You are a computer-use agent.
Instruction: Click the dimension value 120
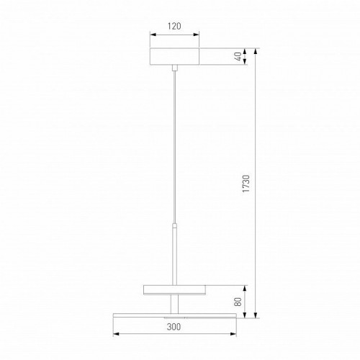click(174, 26)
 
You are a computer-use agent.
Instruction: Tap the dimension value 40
click(238, 56)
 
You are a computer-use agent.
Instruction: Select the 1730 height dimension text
click(246, 184)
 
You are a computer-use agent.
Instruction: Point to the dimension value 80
click(238, 302)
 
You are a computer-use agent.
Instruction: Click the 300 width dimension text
click(174, 327)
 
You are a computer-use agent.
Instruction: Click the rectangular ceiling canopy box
click(175, 56)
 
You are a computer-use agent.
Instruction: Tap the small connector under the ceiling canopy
click(175, 68)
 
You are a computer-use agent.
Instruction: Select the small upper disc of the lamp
click(174, 289)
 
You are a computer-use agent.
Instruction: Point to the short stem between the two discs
click(174, 304)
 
